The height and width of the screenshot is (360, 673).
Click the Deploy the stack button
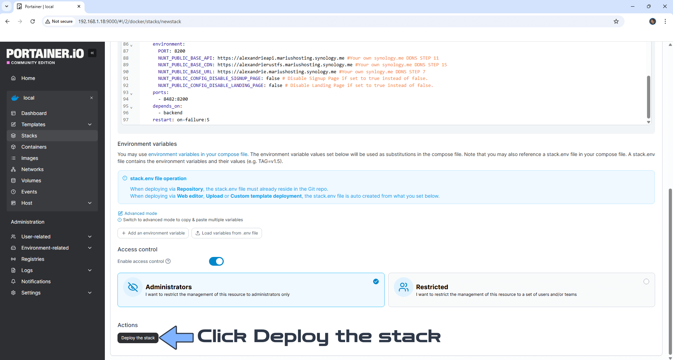pyautogui.click(x=138, y=338)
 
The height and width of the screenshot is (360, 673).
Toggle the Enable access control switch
pyautogui.click(x=216, y=261)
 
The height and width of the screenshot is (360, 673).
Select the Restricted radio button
pyautogui.click(x=646, y=281)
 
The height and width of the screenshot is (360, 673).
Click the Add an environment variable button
pyautogui.click(x=153, y=233)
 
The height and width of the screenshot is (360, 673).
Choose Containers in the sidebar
pyautogui.click(x=34, y=147)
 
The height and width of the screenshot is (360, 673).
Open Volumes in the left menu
pyautogui.click(x=31, y=181)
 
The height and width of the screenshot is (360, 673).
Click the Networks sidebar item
pyautogui.click(x=32, y=169)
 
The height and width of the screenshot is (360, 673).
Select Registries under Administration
pyautogui.click(x=33, y=259)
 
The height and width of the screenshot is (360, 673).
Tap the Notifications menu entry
pyautogui.click(x=36, y=281)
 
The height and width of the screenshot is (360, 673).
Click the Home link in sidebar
pyautogui.click(x=28, y=78)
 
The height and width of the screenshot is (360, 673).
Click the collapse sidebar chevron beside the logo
pyautogui.click(x=92, y=53)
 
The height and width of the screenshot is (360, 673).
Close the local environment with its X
pyautogui.click(x=92, y=98)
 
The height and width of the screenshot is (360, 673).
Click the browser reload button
pyautogui.click(x=33, y=21)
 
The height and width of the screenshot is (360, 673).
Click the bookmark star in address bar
pyautogui.click(x=616, y=21)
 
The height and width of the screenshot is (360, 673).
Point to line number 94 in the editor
pyautogui.click(x=126, y=99)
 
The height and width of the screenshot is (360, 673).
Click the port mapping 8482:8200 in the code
pyautogui.click(x=175, y=99)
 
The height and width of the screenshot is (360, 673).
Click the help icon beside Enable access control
pyautogui.click(x=168, y=261)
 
